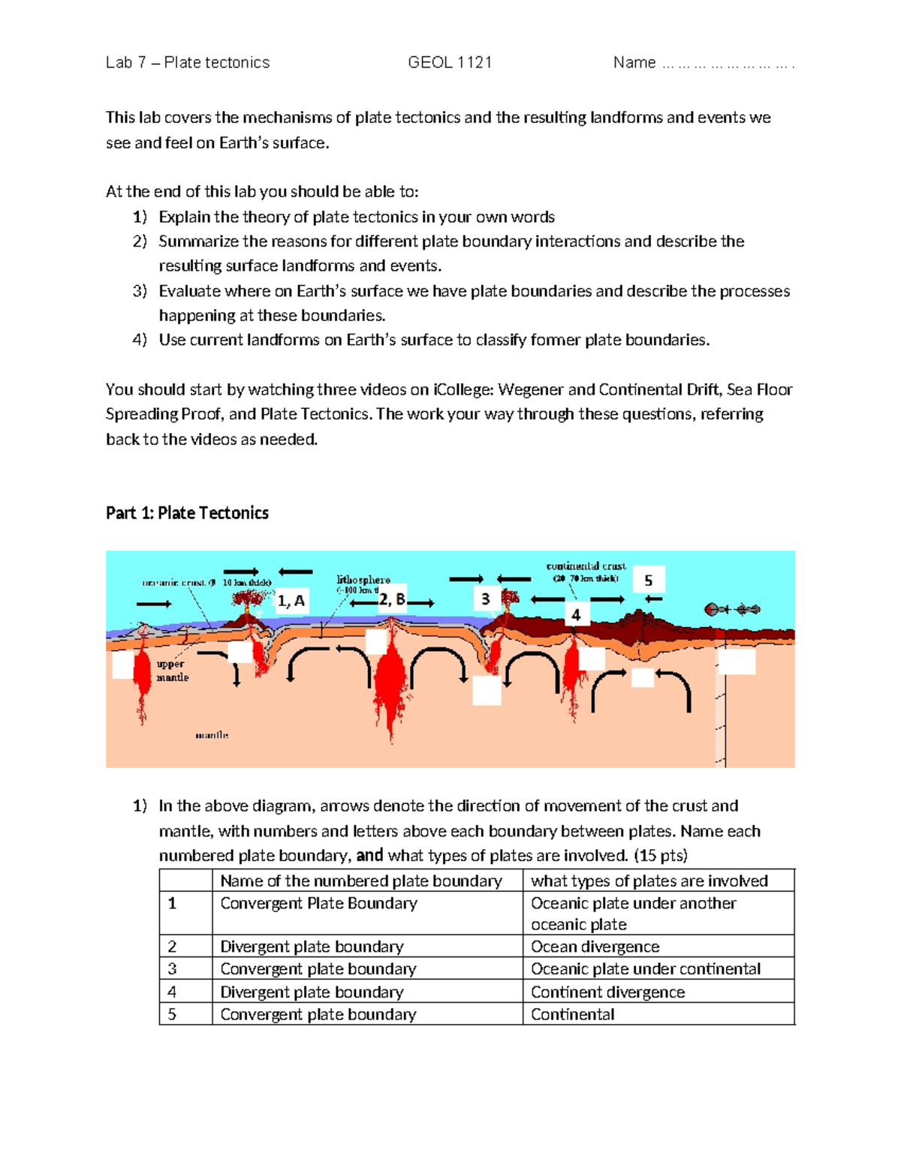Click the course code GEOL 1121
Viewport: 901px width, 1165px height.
[450, 63]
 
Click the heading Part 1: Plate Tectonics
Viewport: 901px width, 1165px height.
[187, 513]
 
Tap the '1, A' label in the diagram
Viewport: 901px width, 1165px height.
[291, 601]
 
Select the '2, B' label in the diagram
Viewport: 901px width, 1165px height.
[391, 599]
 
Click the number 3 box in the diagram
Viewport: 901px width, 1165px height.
[486, 599]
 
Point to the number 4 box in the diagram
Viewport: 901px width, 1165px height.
[576, 615]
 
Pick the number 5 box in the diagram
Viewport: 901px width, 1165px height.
[649, 581]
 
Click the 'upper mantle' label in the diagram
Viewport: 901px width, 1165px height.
[172, 671]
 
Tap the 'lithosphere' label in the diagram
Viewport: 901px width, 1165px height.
[363, 580]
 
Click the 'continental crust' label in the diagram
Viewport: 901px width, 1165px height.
[586, 566]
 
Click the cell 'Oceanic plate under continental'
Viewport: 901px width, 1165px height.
[645, 969]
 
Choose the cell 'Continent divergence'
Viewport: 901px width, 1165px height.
[607, 992]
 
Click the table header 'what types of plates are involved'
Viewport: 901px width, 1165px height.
[649, 881]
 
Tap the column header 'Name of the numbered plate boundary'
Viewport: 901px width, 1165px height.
[360, 881]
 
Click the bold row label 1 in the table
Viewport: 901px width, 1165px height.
[172, 903]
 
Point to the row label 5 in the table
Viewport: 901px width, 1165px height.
[172, 1014]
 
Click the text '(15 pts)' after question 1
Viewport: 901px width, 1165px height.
[660, 856]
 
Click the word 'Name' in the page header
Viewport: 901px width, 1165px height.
[634, 63]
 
